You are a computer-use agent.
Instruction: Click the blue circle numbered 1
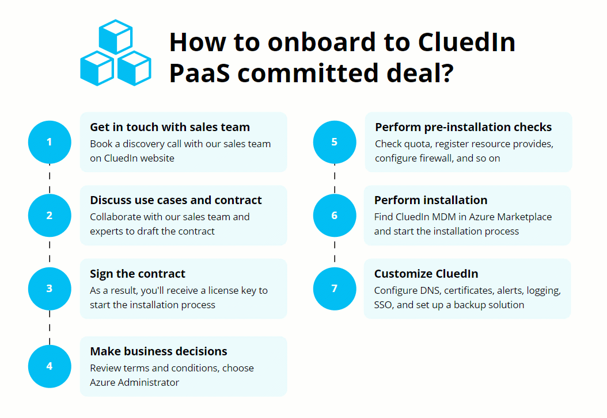pyautogui.click(x=50, y=142)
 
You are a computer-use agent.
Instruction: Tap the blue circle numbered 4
pyautogui.click(x=50, y=366)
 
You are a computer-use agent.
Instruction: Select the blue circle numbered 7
pyautogui.click(x=335, y=289)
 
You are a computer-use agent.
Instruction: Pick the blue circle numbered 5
pyautogui.click(x=335, y=142)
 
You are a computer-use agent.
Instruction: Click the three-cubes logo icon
pyautogui.click(x=116, y=53)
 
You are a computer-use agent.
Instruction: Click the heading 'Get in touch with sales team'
pyautogui.click(x=170, y=127)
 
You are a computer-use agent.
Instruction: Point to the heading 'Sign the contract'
pyautogui.click(x=138, y=274)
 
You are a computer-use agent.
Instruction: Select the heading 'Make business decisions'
pyautogui.click(x=158, y=351)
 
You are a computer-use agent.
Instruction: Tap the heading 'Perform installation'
pyautogui.click(x=431, y=200)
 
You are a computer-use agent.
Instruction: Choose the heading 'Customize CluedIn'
pyautogui.click(x=426, y=274)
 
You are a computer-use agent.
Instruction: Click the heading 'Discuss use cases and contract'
pyautogui.click(x=176, y=200)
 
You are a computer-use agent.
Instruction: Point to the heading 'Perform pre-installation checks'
pyautogui.click(x=464, y=127)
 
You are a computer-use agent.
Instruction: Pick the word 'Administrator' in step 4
pyautogui.click(x=151, y=382)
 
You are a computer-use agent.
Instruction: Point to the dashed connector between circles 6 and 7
pyautogui.click(x=335, y=252)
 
